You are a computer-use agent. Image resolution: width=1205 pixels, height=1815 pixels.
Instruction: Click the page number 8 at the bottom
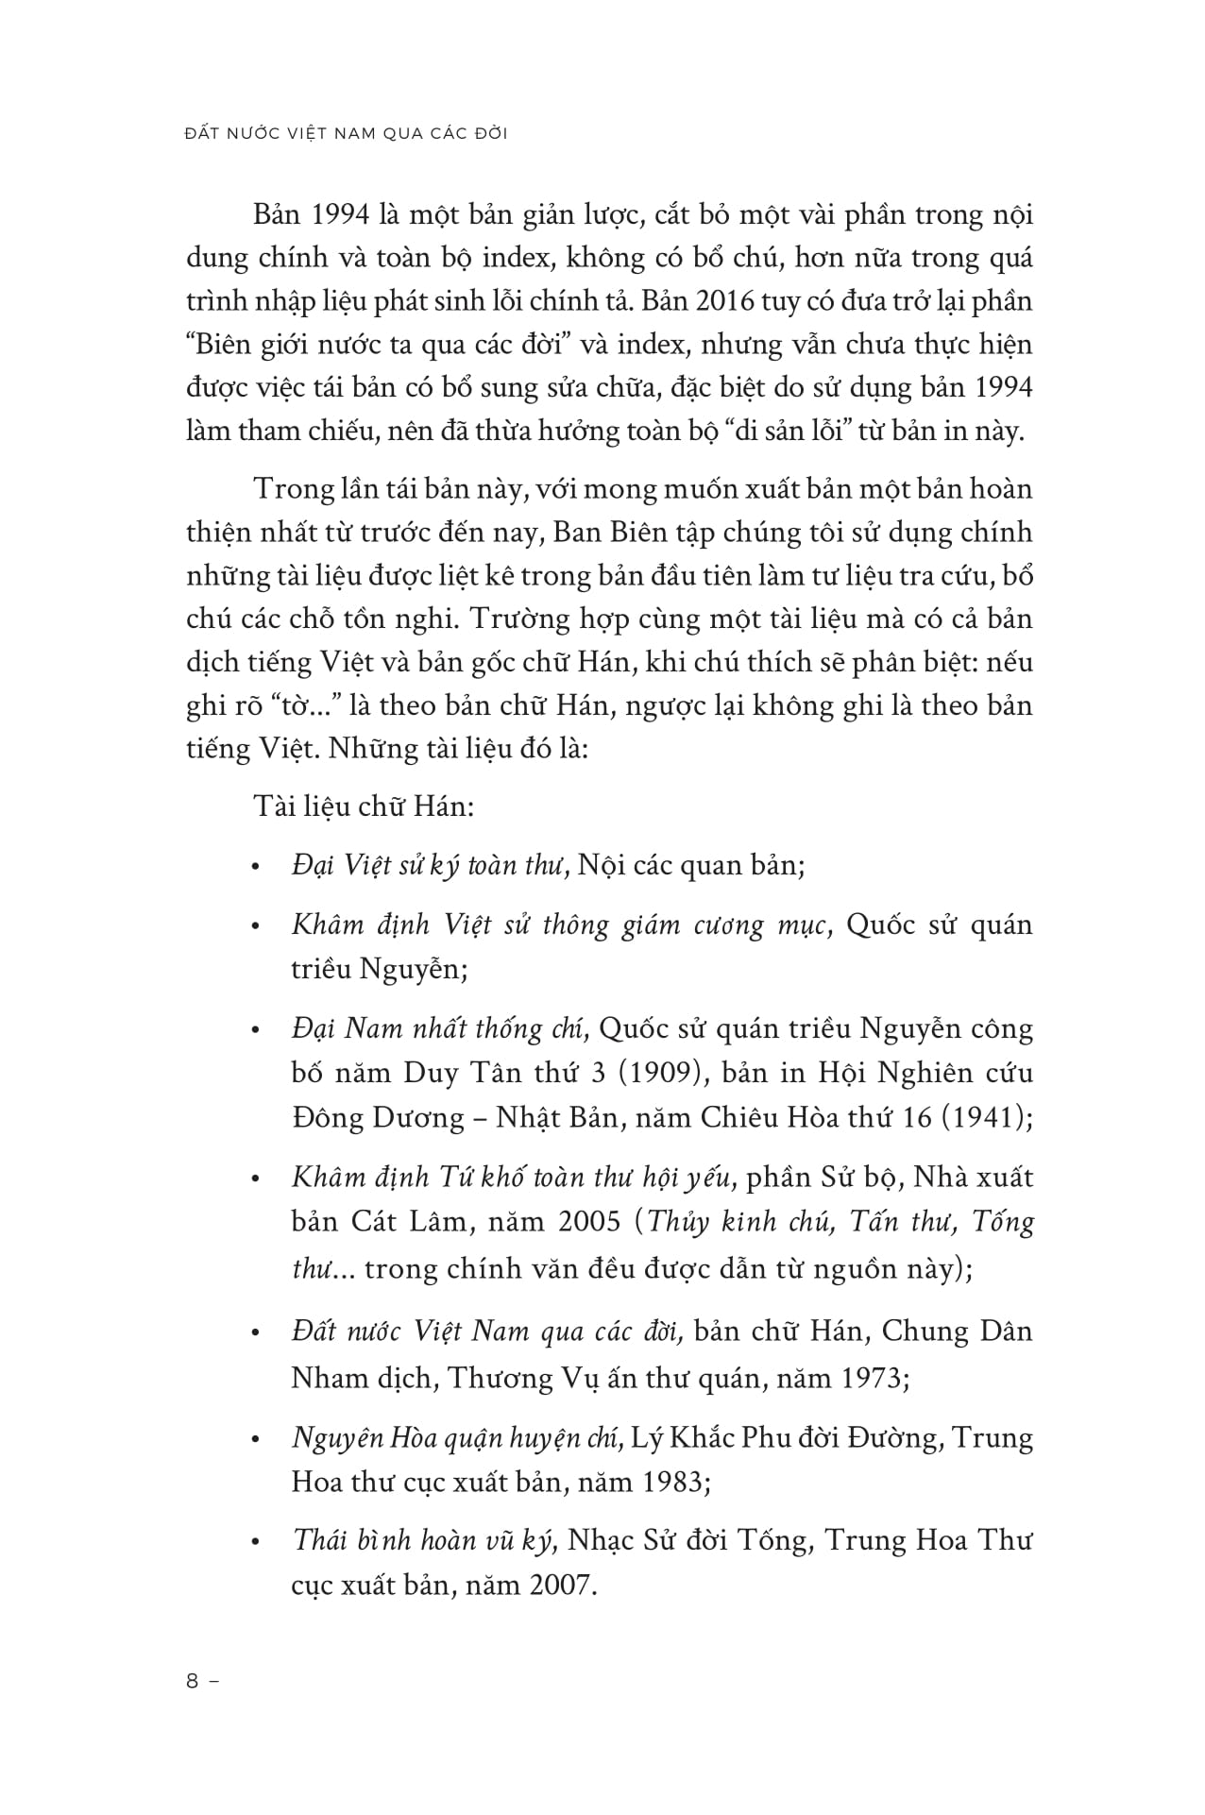point(193,1680)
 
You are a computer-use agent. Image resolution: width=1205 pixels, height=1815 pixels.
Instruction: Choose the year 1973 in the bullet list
point(869,1378)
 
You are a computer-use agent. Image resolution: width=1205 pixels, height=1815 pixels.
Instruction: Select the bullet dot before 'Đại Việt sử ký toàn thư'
point(255,868)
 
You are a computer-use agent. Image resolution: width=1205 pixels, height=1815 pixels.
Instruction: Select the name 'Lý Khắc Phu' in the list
point(711,1437)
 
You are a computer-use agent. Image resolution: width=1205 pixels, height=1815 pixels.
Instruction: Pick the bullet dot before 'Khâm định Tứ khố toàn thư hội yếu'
point(255,1180)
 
